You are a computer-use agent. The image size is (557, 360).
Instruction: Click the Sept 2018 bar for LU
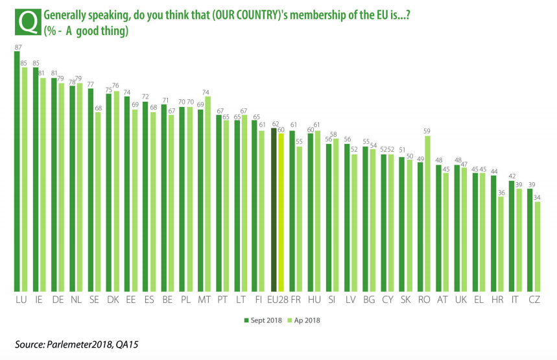pos(18,172)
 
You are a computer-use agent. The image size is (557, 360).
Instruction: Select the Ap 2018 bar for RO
pos(428,214)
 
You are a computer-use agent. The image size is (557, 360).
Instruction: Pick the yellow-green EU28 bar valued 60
pos(281,215)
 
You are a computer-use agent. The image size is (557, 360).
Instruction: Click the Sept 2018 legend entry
pos(263,320)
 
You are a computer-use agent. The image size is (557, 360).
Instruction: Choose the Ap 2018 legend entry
pos(304,320)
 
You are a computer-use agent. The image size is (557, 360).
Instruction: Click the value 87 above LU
pos(18,47)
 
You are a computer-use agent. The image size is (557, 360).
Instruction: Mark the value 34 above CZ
pos(538,197)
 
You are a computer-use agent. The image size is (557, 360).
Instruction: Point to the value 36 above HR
pos(501,192)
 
